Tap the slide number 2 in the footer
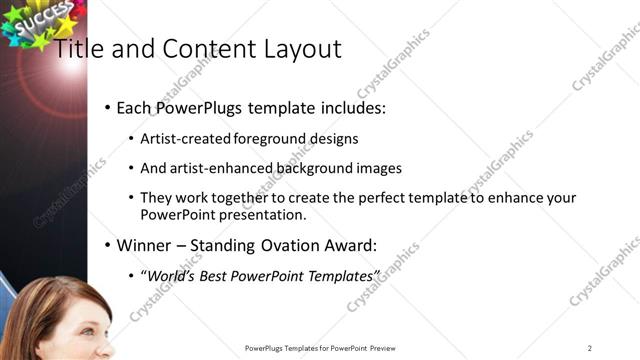[x=590, y=348]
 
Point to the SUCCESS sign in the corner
[x=37, y=20]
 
